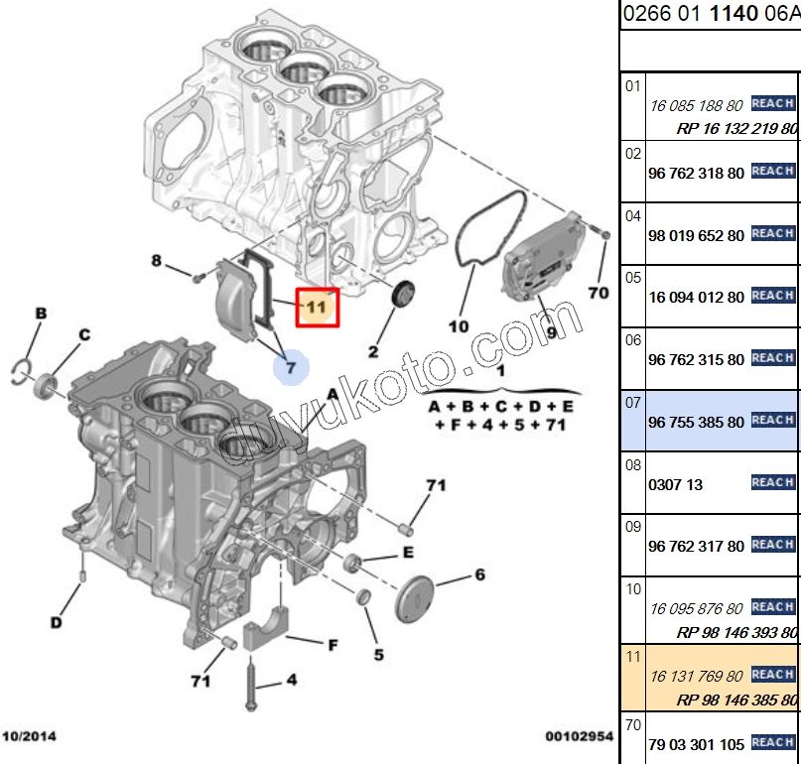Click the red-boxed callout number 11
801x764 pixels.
pos(316,308)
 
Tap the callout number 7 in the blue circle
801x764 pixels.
pos(291,367)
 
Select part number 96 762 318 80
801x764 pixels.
pos(695,173)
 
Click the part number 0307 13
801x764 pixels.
pos(675,484)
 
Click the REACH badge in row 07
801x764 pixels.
pos(772,420)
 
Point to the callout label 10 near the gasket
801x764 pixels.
pos(458,325)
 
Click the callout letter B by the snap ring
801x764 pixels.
pos(41,315)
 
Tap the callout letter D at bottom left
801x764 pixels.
pos(57,623)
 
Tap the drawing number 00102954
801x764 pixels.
pos(578,737)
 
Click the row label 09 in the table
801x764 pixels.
pos(633,527)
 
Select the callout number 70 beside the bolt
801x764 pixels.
pos(598,293)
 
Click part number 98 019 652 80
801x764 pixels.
pos(695,234)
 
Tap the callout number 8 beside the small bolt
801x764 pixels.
pos(156,261)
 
